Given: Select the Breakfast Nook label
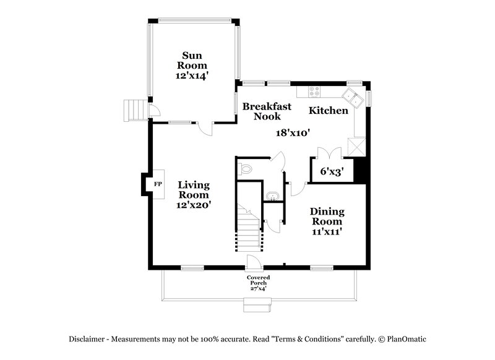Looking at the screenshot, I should (x=262, y=111).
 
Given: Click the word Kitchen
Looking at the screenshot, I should (x=329, y=111).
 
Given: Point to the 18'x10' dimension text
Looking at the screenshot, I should (x=292, y=132).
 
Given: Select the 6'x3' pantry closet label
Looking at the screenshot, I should (x=332, y=171).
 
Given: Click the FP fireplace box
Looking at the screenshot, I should (x=157, y=184).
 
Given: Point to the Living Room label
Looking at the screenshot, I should (x=194, y=190).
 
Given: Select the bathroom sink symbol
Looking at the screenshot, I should (x=272, y=197).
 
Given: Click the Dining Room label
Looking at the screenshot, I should (x=327, y=216).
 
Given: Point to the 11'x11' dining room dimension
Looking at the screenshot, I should (x=328, y=231).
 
